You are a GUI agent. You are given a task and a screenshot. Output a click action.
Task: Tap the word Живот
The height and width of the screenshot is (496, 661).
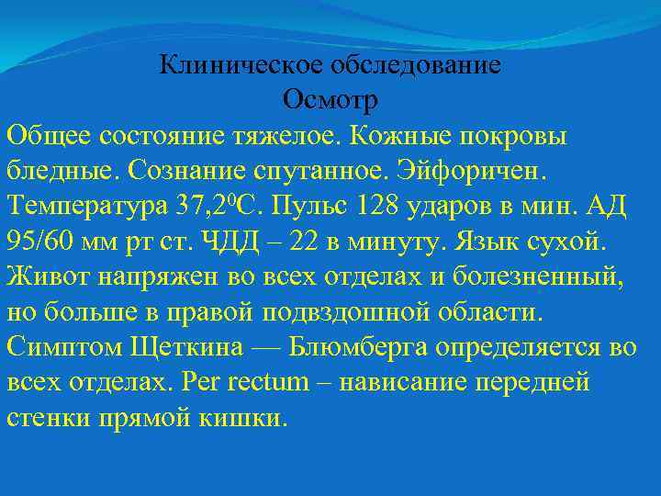tap(45, 274)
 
